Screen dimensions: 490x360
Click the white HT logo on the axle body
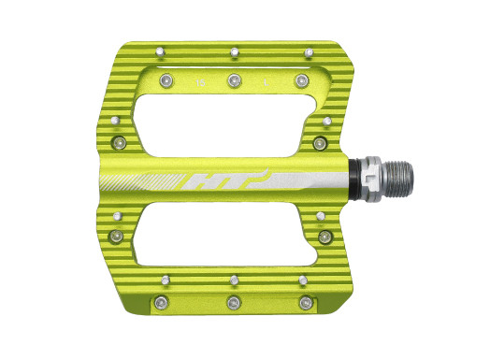225,180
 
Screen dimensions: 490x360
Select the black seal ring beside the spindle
353,180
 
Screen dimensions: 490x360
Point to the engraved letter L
267,82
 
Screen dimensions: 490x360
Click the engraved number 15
200,83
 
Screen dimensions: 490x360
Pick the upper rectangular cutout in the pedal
226,125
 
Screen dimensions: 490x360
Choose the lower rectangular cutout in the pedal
225,234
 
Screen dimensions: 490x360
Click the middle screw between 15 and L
235,80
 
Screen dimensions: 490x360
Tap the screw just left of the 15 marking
166,80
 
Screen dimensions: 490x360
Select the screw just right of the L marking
302,81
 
